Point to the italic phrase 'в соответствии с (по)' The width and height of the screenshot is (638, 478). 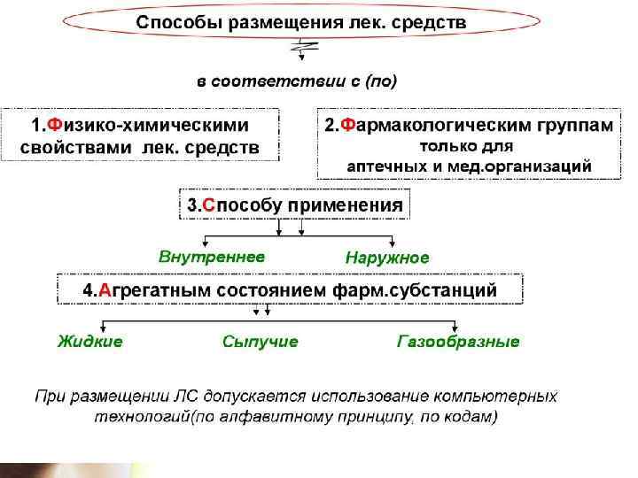[x=297, y=81]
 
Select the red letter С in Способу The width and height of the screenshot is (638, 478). [x=209, y=205]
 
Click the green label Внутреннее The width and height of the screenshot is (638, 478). [x=212, y=257]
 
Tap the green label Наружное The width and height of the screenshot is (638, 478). [x=386, y=258]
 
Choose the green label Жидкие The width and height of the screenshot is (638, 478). [x=90, y=341]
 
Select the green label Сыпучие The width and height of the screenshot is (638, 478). [x=261, y=341]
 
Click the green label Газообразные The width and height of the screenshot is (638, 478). [x=458, y=341]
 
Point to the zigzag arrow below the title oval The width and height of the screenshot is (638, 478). [x=303, y=50]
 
